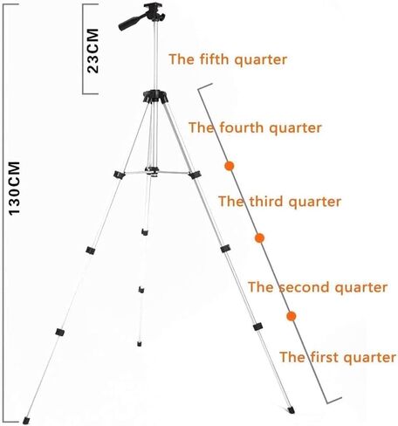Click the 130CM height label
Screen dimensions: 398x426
[14, 189]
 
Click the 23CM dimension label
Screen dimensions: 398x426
[93, 51]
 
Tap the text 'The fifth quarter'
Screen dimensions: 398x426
[228, 59]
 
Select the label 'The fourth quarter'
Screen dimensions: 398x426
[255, 127]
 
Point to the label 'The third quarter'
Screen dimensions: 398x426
[279, 202]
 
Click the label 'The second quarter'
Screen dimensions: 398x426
[318, 287]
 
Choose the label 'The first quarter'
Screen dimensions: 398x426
[338, 357]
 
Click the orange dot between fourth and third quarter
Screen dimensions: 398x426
[230, 166]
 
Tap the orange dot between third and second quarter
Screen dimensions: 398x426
[259, 238]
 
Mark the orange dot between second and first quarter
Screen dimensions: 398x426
[292, 316]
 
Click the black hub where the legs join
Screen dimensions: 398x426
[155, 97]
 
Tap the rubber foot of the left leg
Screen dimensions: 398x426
[26, 421]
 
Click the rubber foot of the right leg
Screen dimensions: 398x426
[291, 410]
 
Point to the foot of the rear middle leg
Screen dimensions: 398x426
[140, 344]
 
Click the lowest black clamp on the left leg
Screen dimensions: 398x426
[60, 332]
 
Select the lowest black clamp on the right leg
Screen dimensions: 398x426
[257, 326]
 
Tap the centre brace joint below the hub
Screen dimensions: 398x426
[152, 171]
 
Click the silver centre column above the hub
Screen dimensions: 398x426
[155, 55]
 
